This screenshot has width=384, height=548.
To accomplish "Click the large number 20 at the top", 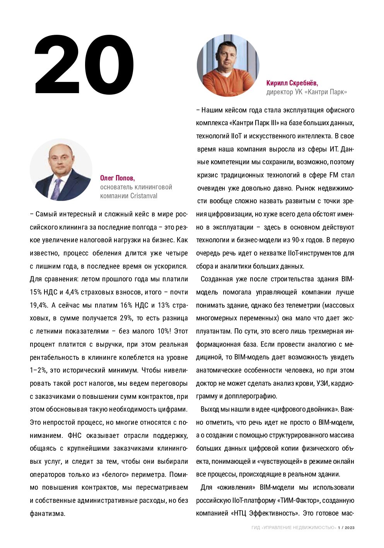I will [84, 65].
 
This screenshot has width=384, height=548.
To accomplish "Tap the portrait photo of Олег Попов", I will [61, 170].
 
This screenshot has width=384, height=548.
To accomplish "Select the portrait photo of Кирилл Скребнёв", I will [228, 65].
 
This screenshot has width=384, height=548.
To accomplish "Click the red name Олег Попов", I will [117, 178].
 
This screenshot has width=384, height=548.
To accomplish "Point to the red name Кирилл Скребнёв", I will [292, 83].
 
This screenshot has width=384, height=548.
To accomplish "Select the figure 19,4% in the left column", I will [39, 305].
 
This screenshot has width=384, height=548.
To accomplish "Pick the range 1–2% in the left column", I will [38, 370].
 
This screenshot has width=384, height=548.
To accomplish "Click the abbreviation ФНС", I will [74, 436].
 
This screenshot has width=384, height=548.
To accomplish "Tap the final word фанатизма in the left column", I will [48, 514].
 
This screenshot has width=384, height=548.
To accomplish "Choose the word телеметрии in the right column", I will [300, 305].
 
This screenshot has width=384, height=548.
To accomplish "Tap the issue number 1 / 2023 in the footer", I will [346, 528].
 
